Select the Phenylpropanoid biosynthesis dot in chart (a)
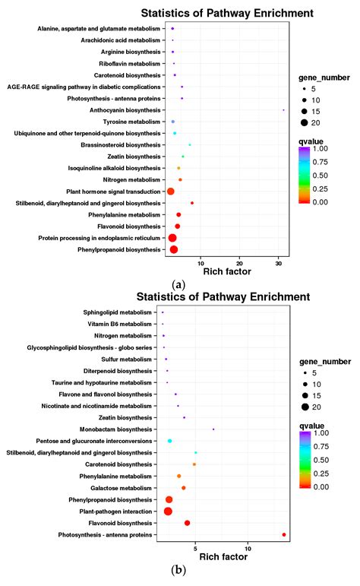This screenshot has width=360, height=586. pos(173,249)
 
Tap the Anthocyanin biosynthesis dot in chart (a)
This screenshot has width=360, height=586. pos(283,110)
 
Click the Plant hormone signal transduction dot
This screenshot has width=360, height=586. pos(171,192)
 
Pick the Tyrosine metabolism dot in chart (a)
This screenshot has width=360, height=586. pos(173,122)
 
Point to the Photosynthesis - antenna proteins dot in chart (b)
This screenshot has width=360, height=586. pos(284,535)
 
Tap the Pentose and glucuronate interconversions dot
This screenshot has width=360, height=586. pos(170,441)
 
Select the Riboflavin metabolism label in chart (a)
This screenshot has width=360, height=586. pos(131,64)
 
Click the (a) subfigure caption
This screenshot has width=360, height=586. pos(179,283)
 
